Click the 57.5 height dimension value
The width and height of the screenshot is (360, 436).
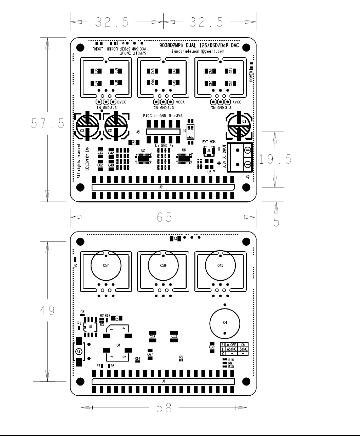pos(48,123)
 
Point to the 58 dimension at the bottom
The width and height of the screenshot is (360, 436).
pos(163,408)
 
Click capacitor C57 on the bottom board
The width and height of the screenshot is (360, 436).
pos(106,265)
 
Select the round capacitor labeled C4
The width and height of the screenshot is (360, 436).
pos(225,322)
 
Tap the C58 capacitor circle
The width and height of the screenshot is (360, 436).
pos(163,265)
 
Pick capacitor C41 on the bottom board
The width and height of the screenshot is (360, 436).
pos(220,265)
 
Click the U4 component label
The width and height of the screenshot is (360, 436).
pos(118,345)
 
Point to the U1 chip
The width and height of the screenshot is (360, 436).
pos(90,327)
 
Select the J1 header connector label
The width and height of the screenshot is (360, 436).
pos(164,381)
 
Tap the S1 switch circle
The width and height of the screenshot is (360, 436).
pos(78,352)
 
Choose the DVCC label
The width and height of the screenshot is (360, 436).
pos(122,102)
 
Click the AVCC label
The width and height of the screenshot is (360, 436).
pos(237,102)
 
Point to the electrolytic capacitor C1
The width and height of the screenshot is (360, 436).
pos(239,125)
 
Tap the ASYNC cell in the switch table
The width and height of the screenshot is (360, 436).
pos(231,349)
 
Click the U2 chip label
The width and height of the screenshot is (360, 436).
pos(143,150)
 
